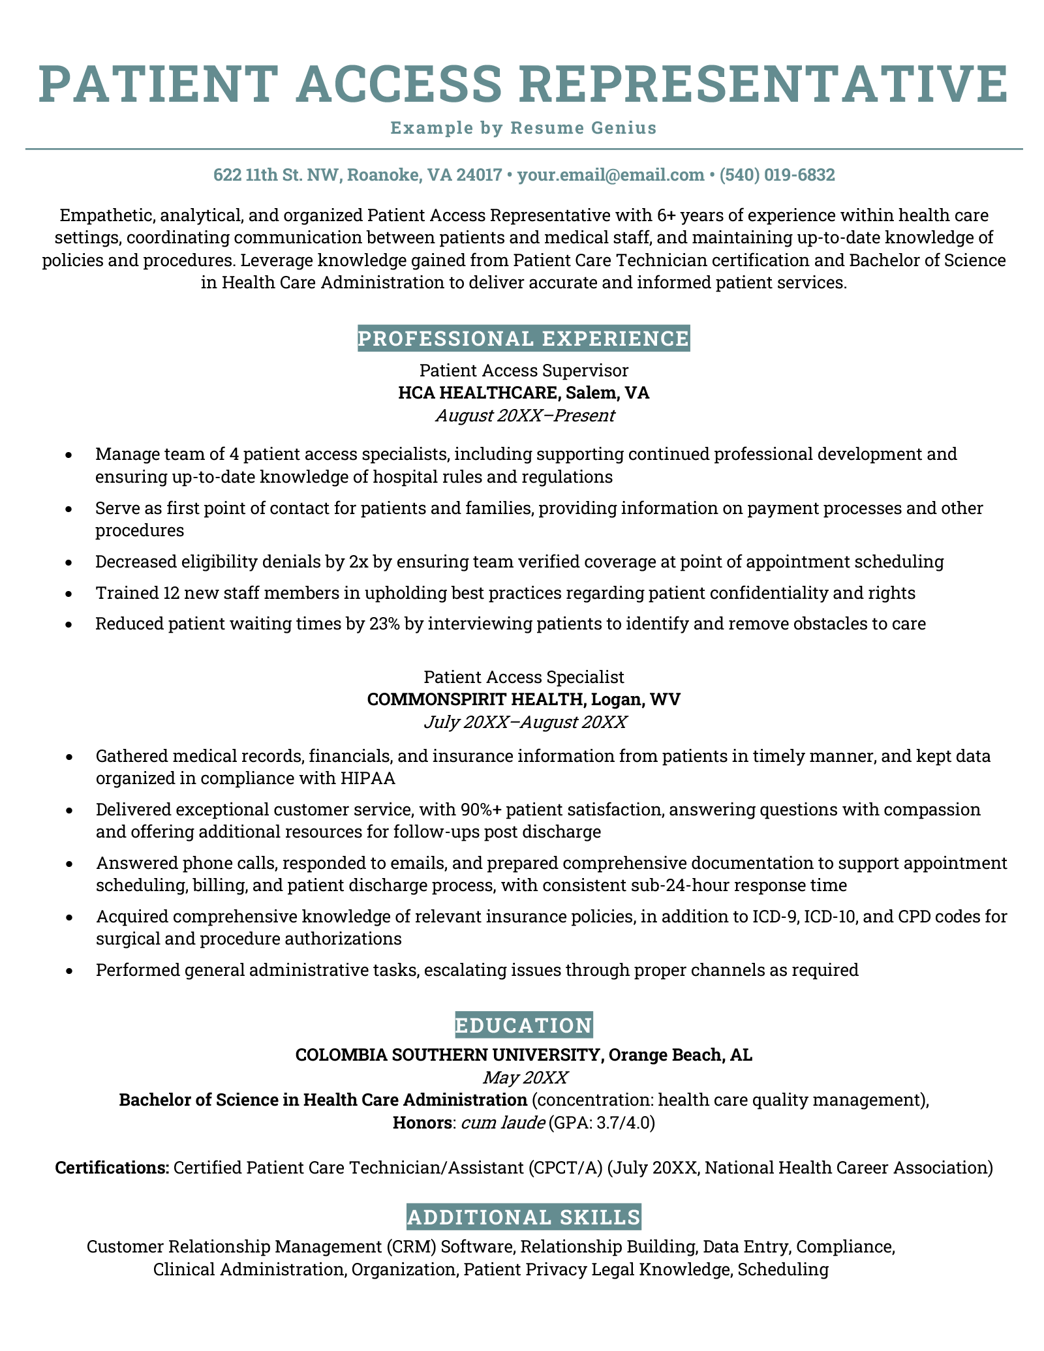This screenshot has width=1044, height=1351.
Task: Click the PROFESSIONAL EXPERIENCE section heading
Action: click(x=523, y=339)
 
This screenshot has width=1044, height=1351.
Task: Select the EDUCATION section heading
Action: click(x=523, y=1025)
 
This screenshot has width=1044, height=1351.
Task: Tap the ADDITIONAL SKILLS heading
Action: click(x=523, y=1217)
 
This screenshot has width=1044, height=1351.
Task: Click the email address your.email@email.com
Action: click(x=611, y=175)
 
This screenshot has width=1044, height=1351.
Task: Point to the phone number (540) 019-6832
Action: click(x=777, y=175)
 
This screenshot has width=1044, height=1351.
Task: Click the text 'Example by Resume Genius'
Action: click(x=523, y=128)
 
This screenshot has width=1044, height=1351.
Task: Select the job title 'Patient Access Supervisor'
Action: click(x=523, y=371)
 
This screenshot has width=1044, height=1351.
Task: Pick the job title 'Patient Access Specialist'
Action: click(x=523, y=676)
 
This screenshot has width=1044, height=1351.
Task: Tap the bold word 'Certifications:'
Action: click(x=112, y=1167)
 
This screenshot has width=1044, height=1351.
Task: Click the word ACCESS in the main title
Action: click(x=399, y=84)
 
